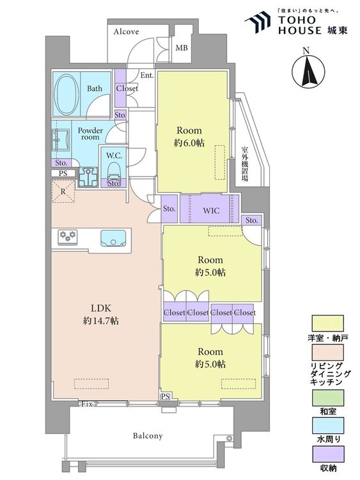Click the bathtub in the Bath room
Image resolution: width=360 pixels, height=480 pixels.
coord(67,94)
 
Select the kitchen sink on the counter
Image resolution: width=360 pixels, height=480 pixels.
coord(113,238)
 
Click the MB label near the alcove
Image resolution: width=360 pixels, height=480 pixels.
coord(182,48)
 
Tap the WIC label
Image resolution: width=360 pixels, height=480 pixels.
coord(211,211)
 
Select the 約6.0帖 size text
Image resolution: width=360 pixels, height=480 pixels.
coord(189,143)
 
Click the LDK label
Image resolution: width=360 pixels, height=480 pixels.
coord(101,308)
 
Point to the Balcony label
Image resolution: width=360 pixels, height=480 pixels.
coord(148,436)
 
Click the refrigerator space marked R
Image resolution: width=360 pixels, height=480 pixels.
coord(63,191)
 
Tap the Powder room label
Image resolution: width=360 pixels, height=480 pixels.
coord(90,134)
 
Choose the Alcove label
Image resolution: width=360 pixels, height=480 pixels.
coord(127,31)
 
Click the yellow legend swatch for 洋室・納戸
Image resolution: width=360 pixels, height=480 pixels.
coord(327,324)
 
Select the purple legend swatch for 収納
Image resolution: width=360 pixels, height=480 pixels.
coord(327,454)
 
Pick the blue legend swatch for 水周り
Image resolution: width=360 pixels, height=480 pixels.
coord(327,426)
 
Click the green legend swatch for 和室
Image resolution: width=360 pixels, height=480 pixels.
coord(327,397)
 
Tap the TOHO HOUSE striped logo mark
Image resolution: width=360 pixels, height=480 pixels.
coord(258,22)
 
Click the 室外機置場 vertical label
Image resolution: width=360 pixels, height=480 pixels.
coord(245,164)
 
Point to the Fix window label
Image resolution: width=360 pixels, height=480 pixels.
coord(86,404)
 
